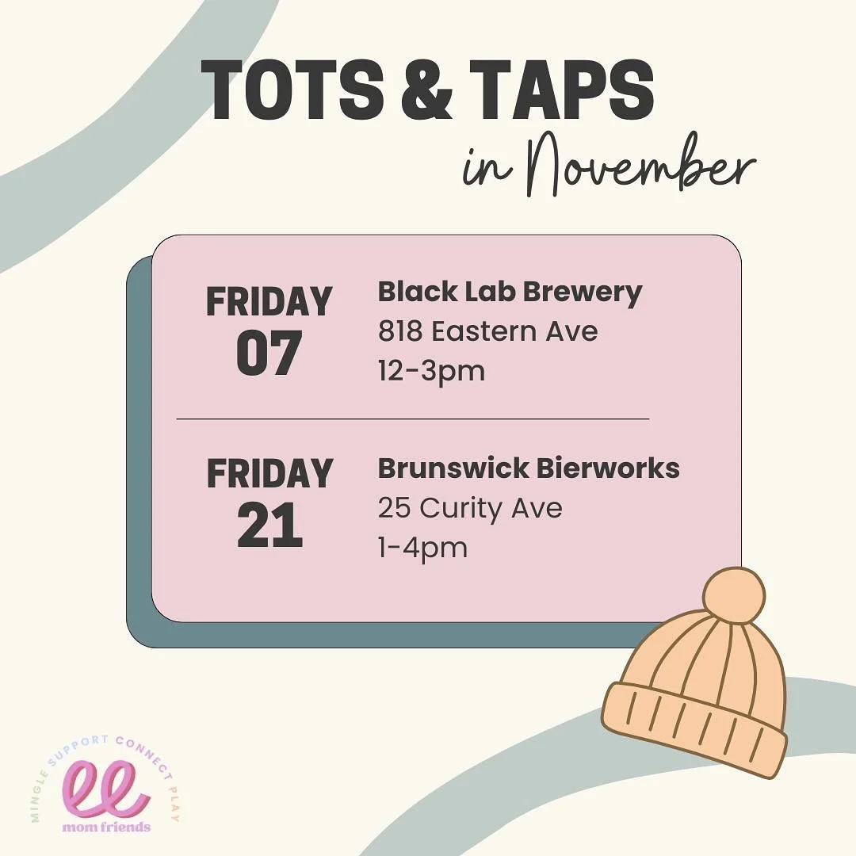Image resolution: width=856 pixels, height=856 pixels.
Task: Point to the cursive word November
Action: pos(634,170)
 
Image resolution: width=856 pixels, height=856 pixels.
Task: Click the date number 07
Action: pos(269,353)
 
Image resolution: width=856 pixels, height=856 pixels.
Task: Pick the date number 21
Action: pos(269,527)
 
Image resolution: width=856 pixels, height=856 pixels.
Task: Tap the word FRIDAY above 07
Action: pos(269,302)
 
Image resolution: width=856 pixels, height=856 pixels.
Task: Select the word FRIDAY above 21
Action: pos(269,474)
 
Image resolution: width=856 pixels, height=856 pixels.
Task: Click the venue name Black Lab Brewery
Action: pos(510,293)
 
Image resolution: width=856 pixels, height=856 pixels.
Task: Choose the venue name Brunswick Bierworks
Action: pos(529,468)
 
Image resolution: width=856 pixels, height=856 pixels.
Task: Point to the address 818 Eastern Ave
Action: pos(487,331)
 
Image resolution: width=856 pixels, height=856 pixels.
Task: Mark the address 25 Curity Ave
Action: pos(470,508)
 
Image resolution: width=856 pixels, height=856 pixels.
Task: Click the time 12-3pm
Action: pos(431,370)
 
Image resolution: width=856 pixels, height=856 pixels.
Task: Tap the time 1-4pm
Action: pos(422,547)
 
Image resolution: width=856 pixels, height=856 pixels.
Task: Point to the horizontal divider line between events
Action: pos(412,418)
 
